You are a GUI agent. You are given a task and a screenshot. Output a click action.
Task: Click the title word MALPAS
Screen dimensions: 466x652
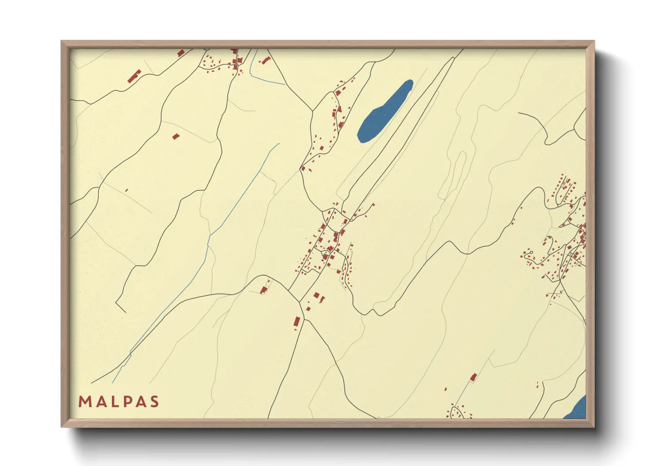119,401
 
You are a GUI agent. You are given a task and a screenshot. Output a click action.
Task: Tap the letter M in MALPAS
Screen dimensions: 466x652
85,401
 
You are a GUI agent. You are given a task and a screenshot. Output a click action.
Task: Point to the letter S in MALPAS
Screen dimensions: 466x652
154,401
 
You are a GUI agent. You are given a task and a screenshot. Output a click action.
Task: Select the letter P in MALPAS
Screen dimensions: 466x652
128,401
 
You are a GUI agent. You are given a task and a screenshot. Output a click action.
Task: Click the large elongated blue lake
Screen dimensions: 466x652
384,111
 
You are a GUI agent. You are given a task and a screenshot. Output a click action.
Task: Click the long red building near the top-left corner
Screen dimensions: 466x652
134,76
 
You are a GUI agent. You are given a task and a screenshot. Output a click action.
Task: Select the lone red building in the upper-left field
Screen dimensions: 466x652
176,137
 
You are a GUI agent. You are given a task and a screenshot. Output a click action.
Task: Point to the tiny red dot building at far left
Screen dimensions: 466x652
126,190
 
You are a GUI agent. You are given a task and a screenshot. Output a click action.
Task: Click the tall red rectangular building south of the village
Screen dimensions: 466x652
297,322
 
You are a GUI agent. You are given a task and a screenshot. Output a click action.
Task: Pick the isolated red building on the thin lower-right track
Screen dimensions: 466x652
474,377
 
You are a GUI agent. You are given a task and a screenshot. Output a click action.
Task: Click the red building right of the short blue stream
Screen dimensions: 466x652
266,60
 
